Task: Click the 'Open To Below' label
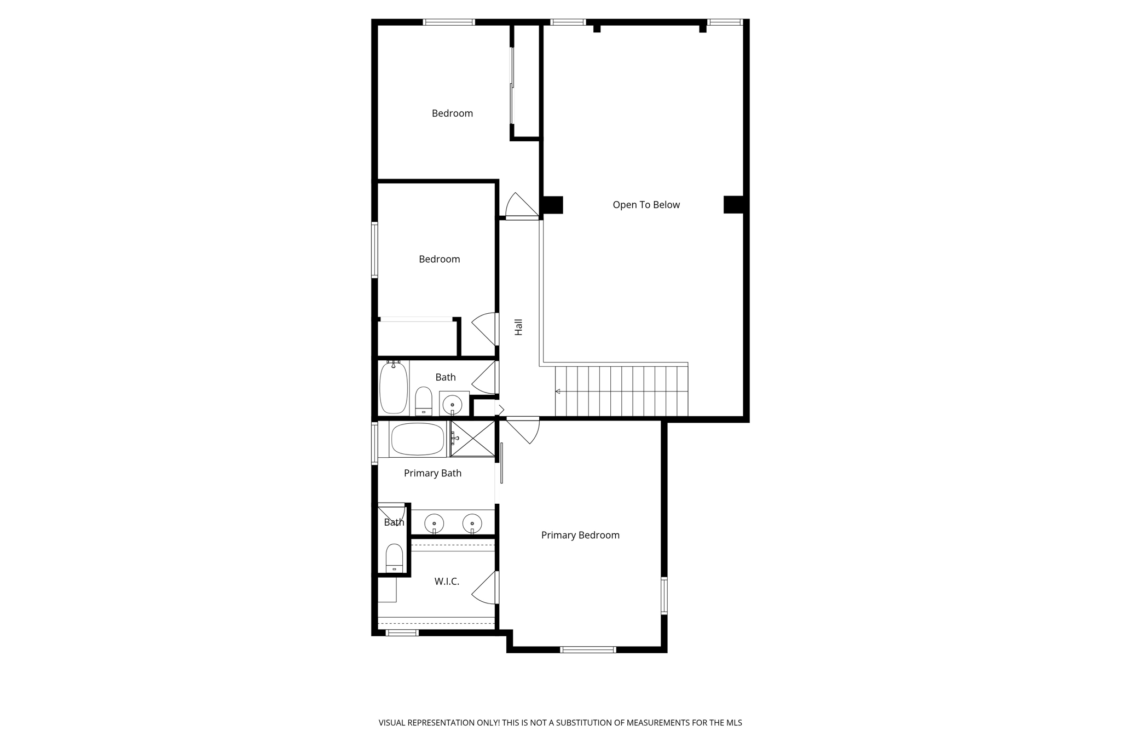tap(646, 205)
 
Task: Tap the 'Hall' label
tap(518, 327)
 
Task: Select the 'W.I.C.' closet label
tap(447, 582)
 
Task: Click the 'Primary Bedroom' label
tap(580, 535)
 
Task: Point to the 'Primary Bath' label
tap(432, 473)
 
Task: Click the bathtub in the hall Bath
tap(394, 388)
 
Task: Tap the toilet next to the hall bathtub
tap(424, 401)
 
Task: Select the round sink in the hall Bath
tap(453, 405)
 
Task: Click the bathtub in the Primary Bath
tap(418, 439)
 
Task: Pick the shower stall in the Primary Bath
tap(473, 439)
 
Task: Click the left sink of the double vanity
tap(434, 523)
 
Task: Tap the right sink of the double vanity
tap(472, 523)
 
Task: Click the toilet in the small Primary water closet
tap(394, 559)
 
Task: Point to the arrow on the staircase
tap(558, 392)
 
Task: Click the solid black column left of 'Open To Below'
tap(552, 205)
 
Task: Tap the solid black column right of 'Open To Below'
tap(733, 204)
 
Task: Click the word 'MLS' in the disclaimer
tap(734, 723)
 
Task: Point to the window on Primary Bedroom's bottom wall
tap(588, 650)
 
